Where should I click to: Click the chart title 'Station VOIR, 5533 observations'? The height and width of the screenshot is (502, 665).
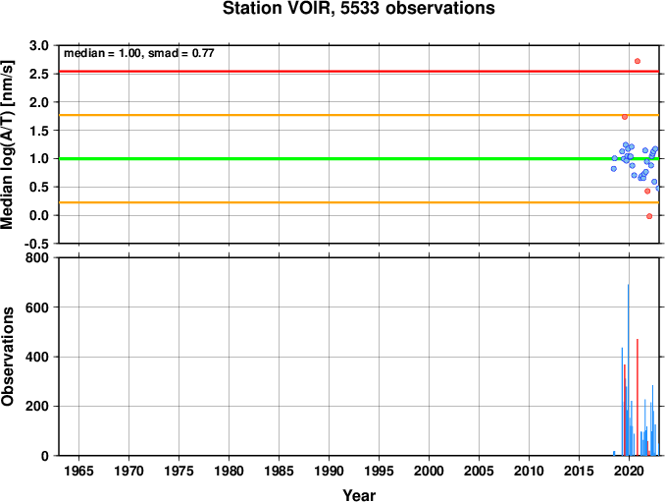[359, 9]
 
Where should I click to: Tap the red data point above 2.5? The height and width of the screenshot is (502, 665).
[637, 61]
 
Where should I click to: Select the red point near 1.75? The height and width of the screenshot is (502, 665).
[624, 117]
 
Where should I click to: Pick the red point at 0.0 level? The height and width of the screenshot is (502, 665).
[649, 216]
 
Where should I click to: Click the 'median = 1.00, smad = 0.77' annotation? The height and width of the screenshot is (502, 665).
[138, 53]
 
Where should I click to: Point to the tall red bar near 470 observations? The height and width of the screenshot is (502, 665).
[637, 397]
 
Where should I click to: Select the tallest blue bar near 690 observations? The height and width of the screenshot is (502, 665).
[628, 370]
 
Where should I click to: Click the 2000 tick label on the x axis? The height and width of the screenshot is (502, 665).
[429, 471]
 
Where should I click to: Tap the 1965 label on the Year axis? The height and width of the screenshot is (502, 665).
[78, 471]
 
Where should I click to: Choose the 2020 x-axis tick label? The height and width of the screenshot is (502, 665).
[629, 471]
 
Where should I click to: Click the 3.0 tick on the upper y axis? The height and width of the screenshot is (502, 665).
[39, 45]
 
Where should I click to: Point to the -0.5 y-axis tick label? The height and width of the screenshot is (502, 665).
[36, 244]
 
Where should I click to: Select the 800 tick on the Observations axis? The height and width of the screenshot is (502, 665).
[37, 257]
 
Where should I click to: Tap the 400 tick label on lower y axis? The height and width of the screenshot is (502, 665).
[37, 357]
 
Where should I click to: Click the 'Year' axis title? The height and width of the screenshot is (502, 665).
[359, 495]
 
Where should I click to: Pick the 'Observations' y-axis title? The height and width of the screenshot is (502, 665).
[8, 357]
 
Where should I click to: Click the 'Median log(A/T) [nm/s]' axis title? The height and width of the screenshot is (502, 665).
[8, 144]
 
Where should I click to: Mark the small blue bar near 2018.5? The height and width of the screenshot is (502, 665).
[614, 453]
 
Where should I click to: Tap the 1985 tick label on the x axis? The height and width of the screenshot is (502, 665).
[279, 471]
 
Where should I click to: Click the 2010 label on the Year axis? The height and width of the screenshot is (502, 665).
[529, 471]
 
